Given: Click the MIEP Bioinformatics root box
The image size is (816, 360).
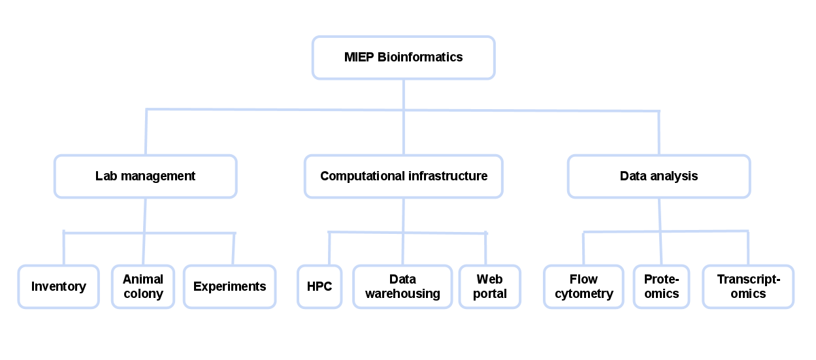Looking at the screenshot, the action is tap(404, 57).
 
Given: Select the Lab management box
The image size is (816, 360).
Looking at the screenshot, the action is tap(145, 176).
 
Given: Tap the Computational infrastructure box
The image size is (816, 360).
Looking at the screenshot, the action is tap(404, 176).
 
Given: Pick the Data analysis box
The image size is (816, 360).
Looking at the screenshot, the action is tap(659, 176).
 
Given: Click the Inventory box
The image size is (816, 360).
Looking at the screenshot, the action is tap(59, 287).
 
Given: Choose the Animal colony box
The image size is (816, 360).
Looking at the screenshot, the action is tap(143, 287).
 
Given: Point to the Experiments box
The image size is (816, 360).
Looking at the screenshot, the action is tap(229, 287).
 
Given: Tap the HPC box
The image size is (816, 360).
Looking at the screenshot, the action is tap(319, 287).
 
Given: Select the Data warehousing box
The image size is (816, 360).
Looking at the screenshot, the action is tap(402, 287).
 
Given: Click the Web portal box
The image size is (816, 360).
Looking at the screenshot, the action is tap(489, 287).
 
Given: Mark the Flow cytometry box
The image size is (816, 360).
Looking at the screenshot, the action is tap(583, 287).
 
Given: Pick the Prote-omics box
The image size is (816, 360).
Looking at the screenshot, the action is tap(662, 287).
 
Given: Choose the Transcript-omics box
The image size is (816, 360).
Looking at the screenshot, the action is tap(748, 287).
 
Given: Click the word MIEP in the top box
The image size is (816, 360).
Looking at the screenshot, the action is tap(359, 57).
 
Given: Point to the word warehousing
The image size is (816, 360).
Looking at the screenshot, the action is tap(402, 294).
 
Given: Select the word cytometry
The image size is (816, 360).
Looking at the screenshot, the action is tap(584, 294).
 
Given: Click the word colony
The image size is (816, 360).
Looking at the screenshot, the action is tap(143, 294).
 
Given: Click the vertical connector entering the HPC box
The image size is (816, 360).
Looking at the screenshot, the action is tap(329, 248).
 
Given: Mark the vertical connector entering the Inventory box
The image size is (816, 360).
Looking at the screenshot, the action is tap(64, 248).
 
